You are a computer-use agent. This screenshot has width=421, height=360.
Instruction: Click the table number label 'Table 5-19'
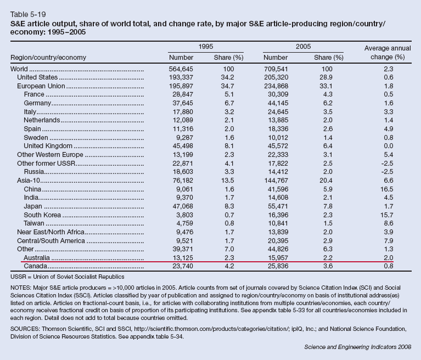[x=28, y=14]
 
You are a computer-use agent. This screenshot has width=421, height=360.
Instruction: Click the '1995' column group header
[x=206, y=47]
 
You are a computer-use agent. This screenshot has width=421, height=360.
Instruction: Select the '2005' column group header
[x=303, y=47]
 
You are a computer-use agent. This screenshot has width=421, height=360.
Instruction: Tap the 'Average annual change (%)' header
[x=388, y=53]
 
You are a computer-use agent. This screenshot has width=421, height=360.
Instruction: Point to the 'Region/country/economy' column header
[x=48, y=58]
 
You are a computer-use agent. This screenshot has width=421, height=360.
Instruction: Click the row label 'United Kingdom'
[x=48, y=146]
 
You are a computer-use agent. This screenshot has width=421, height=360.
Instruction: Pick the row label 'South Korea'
[x=42, y=215]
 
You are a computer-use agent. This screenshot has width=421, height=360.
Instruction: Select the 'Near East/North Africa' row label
[x=50, y=232]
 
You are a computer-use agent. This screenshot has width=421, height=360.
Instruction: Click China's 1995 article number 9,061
[x=184, y=189]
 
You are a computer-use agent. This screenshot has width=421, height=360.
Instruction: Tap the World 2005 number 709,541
[x=276, y=69]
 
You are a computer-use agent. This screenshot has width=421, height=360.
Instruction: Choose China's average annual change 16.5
[x=386, y=189]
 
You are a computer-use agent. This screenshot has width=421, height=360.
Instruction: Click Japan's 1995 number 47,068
[x=183, y=206]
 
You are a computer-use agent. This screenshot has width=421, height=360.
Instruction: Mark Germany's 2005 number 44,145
[x=278, y=103]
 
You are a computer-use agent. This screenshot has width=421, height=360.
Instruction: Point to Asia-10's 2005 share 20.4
[x=326, y=181]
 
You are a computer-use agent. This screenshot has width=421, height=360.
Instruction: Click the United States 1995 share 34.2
[x=227, y=77]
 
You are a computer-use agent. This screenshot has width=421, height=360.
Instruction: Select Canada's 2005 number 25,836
[x=278, y=266]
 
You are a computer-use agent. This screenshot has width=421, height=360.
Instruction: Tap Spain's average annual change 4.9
[x=389, y=129]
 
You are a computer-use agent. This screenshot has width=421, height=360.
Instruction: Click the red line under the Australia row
[x=207, y=261]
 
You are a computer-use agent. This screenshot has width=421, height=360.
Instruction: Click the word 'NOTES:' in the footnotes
[x=21, y=288]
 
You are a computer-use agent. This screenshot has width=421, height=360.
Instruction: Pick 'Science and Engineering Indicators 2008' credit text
[x=358, y=347]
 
